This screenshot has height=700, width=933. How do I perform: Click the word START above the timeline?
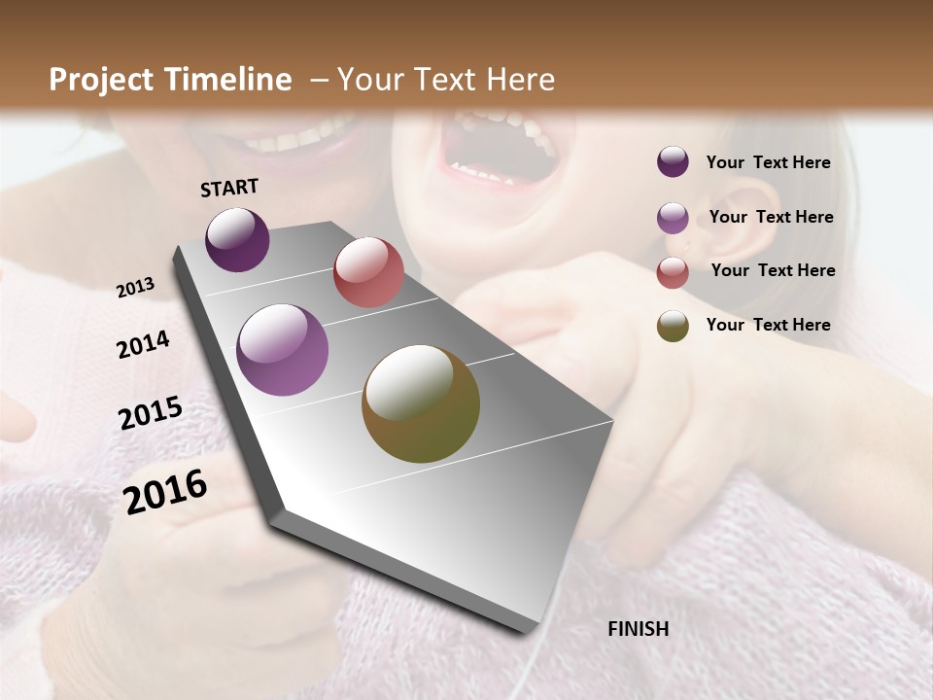click(x=229, y=188)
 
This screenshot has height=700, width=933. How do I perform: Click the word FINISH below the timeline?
click(x=639, y=629)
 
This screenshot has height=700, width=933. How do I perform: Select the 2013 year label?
click(x=136, y=288)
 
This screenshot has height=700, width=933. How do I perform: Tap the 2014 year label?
click(x=144, y=345)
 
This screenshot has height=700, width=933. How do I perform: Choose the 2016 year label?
click(x=165, y=491)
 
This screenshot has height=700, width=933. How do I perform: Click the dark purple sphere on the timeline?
click(x=237, y=240)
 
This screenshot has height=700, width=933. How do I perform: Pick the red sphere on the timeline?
click(x=368, y=272)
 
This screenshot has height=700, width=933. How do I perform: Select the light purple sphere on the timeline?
click(x=283, y=350)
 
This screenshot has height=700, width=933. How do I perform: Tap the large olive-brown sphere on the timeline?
click(x=421, y=403)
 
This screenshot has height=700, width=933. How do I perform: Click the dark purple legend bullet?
click(x=673, y=162)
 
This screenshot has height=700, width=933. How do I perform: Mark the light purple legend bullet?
click(x=673, y=218)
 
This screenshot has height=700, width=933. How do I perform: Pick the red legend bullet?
click(x=673, y=272)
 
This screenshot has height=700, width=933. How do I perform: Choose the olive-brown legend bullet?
click(x=673, y=327)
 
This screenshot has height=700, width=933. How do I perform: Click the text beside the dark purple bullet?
click(x=768, y=162)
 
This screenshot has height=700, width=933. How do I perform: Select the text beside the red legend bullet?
click(x=773, y=270)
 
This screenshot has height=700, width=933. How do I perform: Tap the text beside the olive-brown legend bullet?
click(x=768, y=325)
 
